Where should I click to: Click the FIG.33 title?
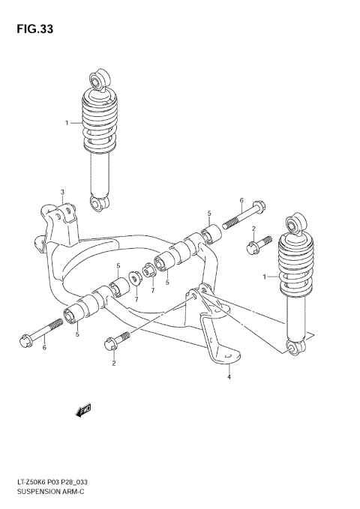pos(32,29)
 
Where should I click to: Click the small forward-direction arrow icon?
pos(82,409)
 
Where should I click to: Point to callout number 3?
pos(63,192)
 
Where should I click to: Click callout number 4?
pos(229,377)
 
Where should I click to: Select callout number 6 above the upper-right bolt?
pos(241,200)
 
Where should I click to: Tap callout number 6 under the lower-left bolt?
pos(43,347)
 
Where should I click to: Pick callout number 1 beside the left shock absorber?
pos(67,122)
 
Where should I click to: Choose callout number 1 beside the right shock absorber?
pos(264,277)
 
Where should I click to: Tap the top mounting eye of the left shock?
pos(97,77)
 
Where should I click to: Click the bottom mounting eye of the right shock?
pos(296,347)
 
